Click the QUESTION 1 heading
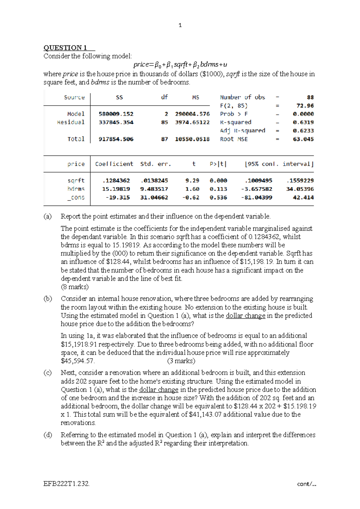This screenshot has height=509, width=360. [x=65, y=48]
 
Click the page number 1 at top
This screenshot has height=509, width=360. [x=180, y=25]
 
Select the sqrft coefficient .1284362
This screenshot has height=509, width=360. [x=116, y=181]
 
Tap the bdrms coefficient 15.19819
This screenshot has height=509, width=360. [x=116, y=189]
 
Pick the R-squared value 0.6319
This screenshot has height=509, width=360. [x=303, y=122]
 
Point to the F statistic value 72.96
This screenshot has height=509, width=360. [x=305, y=106]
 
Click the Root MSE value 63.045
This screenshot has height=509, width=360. [x=303, y=139]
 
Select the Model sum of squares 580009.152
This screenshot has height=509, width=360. [x=116, y=114]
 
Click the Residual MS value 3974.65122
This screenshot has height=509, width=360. [x=192, y=122]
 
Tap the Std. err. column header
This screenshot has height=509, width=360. [x=155, y=164]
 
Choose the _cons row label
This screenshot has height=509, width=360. [x=76, y=197]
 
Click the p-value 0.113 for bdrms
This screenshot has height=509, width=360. [x=218, y=189]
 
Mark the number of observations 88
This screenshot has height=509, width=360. [x=310, y=97]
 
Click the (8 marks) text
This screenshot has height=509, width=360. [x=75, y=287]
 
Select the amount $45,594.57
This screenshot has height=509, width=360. [x=78, y=361]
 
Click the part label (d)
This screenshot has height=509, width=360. [x=48, y=435]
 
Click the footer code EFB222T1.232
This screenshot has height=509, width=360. [x=66, y=484]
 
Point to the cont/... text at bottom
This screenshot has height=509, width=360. [x=306, y=484]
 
